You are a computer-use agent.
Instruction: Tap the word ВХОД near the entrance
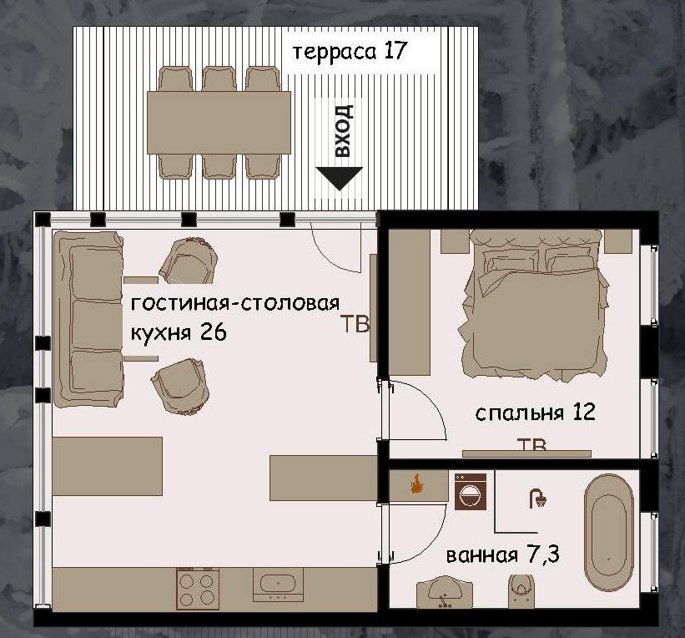pyautogui.click(x=342, y=132)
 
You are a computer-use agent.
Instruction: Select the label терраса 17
pyautogui.click(x=349, y=51)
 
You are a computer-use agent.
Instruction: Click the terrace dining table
pyautogui.click(x=219, y=122)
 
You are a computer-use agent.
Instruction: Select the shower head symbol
pyautogui.click(x=537, y=499)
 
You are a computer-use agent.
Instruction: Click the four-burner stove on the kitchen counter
pyautogui.click(x=198, y=587)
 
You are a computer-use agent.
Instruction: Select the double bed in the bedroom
pyautogui.click(x=533, y=305)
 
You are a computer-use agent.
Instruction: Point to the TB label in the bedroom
pyautogui.click(x=532, y=444)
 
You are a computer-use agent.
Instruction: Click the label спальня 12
pyautogui.click(x=535, y=413)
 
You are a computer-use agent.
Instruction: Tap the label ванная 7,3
pyautogui.click(x=502, y=555)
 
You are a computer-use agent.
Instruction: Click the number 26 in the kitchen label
pyautogui.click(x=213, y=332)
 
